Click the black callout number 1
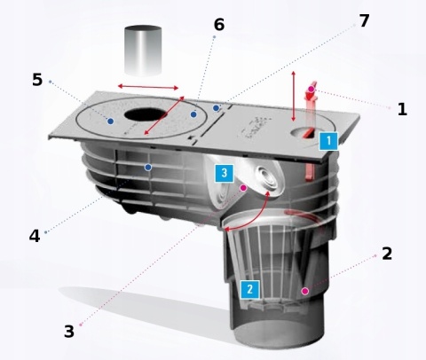point(402,109)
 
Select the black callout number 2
point(387,254)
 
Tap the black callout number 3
point(69,332)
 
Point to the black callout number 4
point(35,236)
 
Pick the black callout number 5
point(37,80)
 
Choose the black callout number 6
point(219,25)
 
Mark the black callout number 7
point(364,20)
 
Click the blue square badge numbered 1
point(328,141)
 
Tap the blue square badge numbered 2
point(250,289)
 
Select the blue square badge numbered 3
point(225,173)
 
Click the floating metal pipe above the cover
point(143,51)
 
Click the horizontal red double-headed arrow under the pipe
point(148,87)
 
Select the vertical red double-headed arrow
point(294,97)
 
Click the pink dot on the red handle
point(312,89)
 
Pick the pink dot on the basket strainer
point(305,292)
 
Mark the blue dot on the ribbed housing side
point(148,168)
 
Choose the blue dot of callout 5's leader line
point(111,121)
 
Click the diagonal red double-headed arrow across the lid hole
point(164,115)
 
